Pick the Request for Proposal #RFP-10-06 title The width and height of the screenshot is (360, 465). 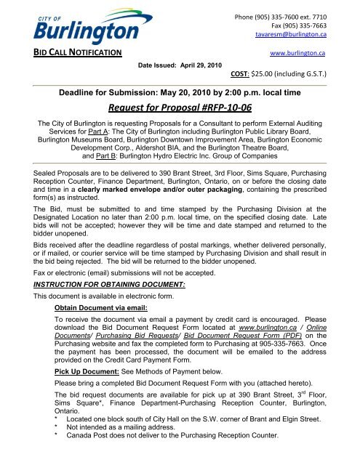[x=180, y=108]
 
